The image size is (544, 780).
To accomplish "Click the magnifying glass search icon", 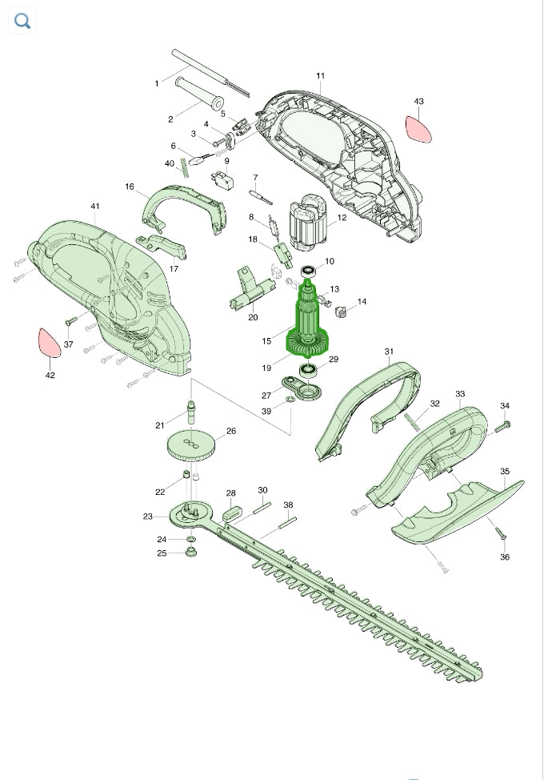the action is pyautogui.click(x=22, y=21).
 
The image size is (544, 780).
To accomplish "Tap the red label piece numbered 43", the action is pyautogui.click(x=418, y=130).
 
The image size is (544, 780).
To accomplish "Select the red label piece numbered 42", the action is pyautogui.click(x=49, y=343).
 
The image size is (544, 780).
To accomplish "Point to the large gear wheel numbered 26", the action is pyautogui.click(x=190, y=445).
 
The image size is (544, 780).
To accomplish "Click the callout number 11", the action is pyautogui.click(x=321, y=75).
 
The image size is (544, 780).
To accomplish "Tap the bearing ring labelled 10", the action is pyautogui.click(x=310, y=271).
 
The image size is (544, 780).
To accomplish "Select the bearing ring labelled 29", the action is pyautogui.click(x=309, y=370).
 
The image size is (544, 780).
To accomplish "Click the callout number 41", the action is pyautogui.click(x=95, y=206).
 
